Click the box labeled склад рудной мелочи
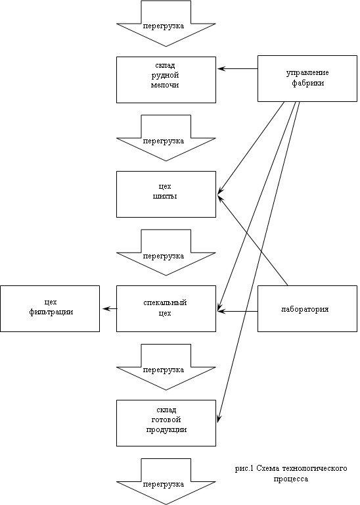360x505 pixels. (166, 80)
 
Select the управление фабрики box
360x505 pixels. (307, 79)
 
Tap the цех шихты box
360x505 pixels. (166, 194)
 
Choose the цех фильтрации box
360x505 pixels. (50, 308)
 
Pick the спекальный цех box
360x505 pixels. (166, 308)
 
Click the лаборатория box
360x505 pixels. (307, 308)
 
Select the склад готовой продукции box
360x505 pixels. (166, 423)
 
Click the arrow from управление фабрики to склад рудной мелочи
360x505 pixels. (237, 68)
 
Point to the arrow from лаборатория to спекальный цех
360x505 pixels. (237, 312)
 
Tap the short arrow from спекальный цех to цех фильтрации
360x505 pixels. (110, 308)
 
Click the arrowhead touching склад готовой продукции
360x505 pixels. (219, 419)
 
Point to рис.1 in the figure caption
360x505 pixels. (244, 469)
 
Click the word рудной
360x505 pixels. (165, 76)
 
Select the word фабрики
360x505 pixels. (308, 83)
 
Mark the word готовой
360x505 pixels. (166, 420)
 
